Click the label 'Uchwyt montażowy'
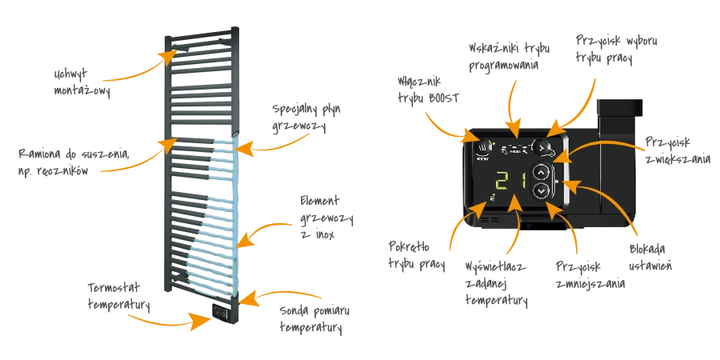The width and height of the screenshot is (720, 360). tap(82, 83)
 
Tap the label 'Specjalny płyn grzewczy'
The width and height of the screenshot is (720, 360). tap(306, 118)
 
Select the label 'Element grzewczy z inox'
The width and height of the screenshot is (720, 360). tap(326, 217)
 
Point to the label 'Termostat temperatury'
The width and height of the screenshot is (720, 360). tap(119, 296)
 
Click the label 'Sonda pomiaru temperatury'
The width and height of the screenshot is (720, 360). tap(314, 319)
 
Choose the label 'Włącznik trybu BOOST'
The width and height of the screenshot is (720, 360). tap(428, 90)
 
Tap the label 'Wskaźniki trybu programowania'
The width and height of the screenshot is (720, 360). tap(510, 57)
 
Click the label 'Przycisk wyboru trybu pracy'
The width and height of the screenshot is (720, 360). tap(617, 49)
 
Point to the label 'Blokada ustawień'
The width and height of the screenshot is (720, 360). tap(650, 257)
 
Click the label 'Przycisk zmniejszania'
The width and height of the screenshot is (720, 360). tap(590, 274)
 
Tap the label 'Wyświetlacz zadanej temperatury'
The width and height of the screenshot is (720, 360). tap(496, 284)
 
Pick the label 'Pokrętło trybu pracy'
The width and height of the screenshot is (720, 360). tap(417, 255)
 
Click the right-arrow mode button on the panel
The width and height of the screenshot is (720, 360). tap(541, 147)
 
